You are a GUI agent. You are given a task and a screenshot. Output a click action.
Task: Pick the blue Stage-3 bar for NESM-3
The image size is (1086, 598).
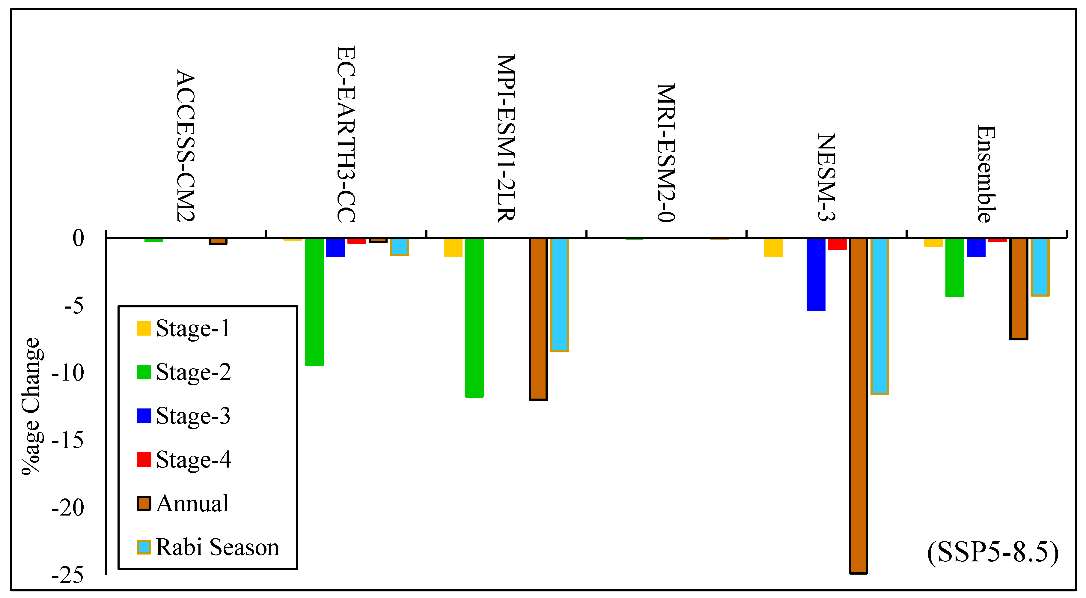(816, 274)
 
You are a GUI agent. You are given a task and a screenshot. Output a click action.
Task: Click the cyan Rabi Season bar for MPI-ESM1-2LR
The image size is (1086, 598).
(559, 295)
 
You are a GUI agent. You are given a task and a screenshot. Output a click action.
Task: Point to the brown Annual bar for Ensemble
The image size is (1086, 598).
(1019, 289)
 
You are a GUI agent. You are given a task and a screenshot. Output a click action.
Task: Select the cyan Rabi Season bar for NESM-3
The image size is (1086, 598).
(880, 316)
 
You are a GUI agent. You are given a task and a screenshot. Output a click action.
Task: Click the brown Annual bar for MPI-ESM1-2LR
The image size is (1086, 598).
(538, 319)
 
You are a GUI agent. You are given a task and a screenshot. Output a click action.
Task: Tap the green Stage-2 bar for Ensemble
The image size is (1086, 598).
(955, 268)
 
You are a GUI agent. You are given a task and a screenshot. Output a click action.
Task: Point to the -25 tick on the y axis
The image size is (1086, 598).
(68, 575)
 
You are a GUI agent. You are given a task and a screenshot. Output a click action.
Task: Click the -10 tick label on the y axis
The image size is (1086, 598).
(68, 373)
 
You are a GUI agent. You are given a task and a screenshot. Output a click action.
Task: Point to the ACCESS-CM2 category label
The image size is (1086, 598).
(186, 146)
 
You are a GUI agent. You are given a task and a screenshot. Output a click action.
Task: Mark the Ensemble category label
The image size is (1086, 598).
(986, 174)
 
